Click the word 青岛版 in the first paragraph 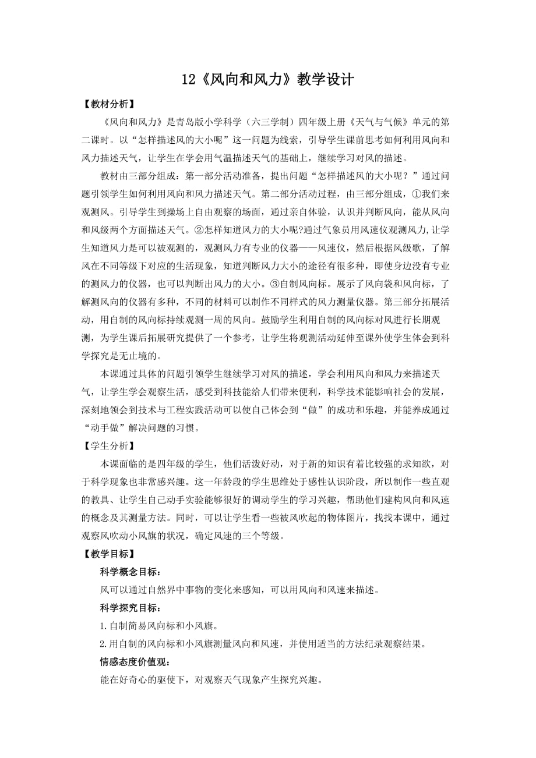point(200,124)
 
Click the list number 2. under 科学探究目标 point(103,644)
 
